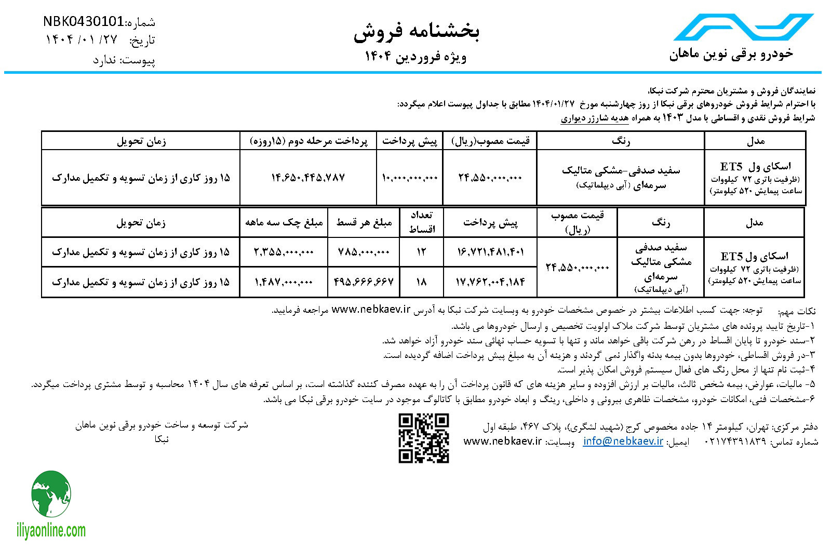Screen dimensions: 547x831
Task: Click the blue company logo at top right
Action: tap(742, 27)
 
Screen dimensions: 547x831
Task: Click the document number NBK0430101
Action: tap(83, 22)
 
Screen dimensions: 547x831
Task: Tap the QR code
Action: tap(423, 438)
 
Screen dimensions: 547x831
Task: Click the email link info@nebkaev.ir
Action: tap(623, 441)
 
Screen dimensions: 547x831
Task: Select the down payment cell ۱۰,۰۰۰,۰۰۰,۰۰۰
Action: tap(410, 178)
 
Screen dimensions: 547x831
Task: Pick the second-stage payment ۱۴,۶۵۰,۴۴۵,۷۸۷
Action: tap(308, 178)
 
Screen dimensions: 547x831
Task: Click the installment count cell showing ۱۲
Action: tap(421, 252)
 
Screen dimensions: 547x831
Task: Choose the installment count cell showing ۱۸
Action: tap(421, 282)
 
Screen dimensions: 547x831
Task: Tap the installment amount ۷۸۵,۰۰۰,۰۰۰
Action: tap(364, 252)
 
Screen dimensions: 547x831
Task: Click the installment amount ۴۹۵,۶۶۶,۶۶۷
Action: tap(364, 282)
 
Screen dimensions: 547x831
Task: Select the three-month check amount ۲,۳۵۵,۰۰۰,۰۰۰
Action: tap(284, 252)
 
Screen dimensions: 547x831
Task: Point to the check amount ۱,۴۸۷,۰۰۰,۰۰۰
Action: tap(284, 282)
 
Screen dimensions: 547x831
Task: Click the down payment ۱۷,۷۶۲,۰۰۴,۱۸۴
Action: tap(490, 282)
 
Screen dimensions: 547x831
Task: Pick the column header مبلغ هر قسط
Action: tap(364, 223)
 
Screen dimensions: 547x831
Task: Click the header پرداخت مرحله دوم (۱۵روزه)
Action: tap(308, 141)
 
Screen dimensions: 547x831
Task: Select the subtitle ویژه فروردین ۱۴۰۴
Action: tap(415, 56)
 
